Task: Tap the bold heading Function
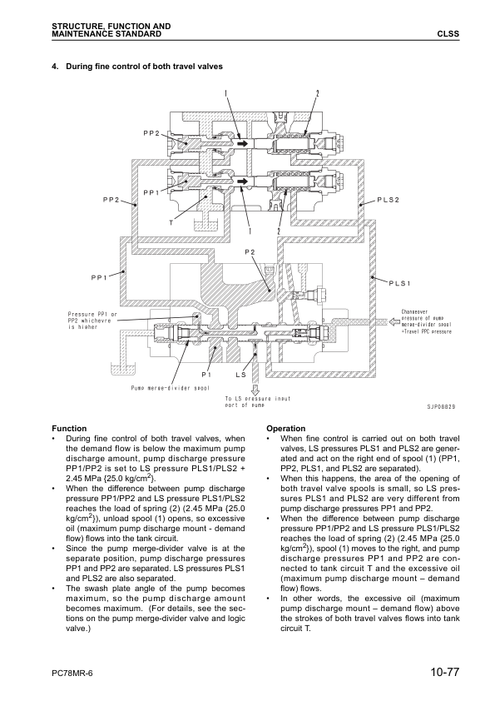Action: [x=69, y=428]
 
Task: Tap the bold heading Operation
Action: [x=285, y=428]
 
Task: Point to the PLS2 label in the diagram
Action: [x=388, y=201]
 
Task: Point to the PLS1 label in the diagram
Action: [x=399, y=284]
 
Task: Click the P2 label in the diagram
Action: [x=250, y=251]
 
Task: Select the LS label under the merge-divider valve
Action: [x=241, y=375]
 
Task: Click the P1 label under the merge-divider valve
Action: [x=206, y=375]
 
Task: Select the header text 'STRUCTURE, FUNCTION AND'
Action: [x=111, y=27]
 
